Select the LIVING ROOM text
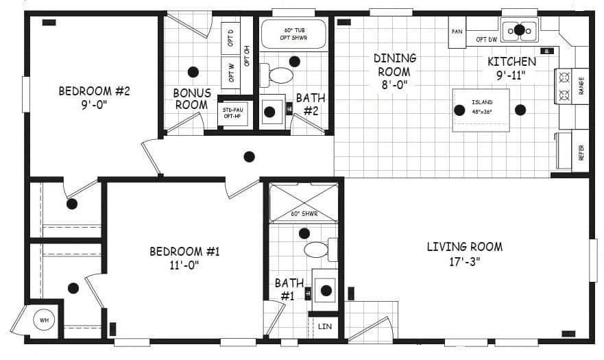(464, 253)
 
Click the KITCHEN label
(511, 68)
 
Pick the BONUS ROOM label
(191, 99)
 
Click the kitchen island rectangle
(481, 110)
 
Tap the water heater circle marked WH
(44, 320)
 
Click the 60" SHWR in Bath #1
(302, 203)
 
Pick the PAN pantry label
(457, 32)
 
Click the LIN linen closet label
(325, 326)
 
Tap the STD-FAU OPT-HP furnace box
(232, 112)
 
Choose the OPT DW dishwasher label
(486, 40)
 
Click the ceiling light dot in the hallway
(249, 156)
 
